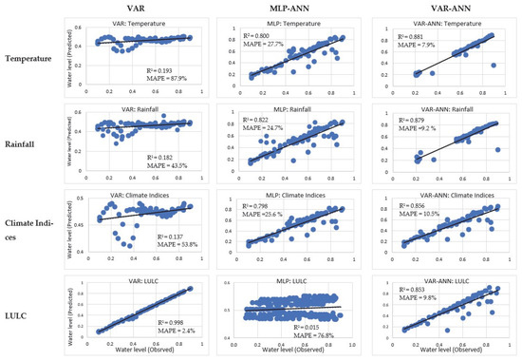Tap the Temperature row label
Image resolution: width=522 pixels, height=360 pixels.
pyautogui.click(x=34, y=59)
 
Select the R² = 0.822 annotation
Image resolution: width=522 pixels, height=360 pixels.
pyautogui.click(x=245, y=122)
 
